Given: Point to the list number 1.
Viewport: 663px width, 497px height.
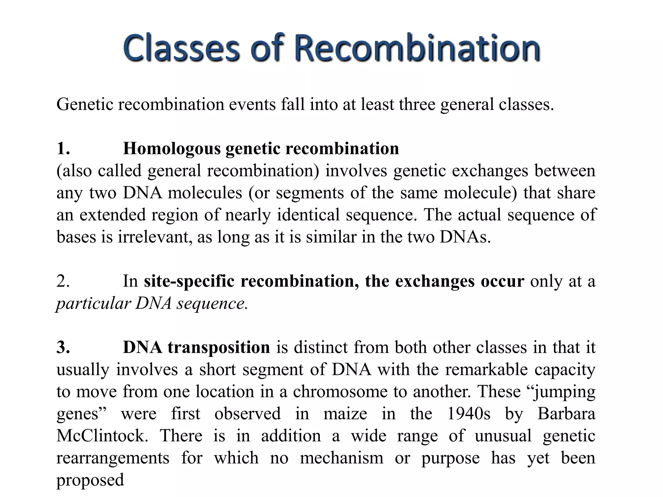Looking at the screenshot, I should point(63,149).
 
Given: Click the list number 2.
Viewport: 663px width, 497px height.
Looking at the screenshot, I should point(63,281).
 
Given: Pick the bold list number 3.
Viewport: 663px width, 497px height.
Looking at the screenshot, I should point(63,348).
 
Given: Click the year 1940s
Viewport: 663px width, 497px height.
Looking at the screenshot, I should point(468,414).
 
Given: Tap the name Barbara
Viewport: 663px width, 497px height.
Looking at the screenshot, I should point(566,414).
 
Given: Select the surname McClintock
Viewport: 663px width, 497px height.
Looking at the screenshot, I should point(102,436).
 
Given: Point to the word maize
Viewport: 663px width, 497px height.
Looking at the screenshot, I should point(345,414).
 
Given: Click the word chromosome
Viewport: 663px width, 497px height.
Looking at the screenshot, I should point(340,392).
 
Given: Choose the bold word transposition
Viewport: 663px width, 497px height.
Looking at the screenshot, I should point(219,348).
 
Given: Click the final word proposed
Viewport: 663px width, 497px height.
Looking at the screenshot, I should point(90,480).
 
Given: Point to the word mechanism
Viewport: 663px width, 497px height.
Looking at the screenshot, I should point(342,458).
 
